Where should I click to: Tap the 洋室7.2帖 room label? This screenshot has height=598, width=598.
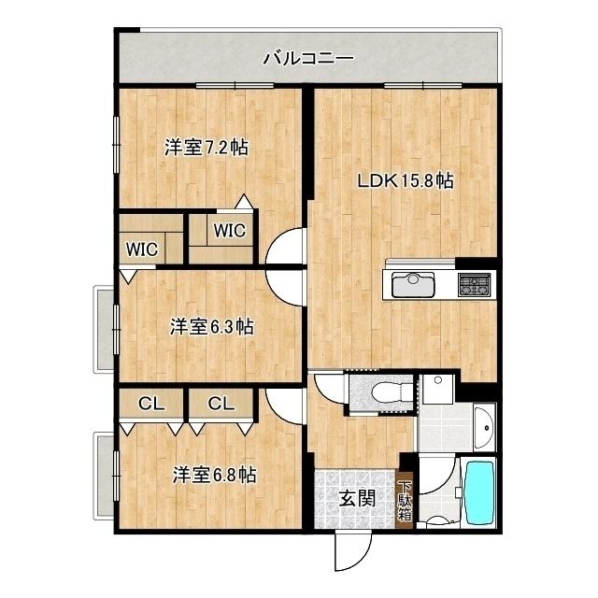point(206,147)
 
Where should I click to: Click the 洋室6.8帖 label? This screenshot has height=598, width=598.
point(213,475)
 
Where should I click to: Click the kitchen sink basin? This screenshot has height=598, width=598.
point(409,284)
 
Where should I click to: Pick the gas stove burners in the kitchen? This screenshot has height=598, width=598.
point(474,284)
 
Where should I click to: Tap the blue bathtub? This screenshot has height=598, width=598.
point(480,494)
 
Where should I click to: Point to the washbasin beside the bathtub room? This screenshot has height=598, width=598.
point(485,427)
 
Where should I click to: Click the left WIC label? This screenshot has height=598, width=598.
point(142,249)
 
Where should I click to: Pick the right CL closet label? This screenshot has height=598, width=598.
point(221,404)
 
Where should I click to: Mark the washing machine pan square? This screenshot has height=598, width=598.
point(436,388)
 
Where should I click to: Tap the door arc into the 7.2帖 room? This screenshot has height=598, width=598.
point(286,248)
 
